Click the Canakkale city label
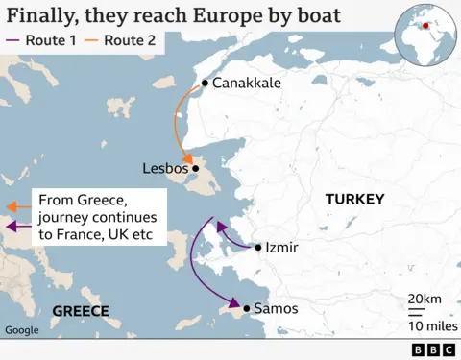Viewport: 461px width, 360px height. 247,84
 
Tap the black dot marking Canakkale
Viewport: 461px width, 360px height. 205,84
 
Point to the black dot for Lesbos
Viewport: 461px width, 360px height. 195,169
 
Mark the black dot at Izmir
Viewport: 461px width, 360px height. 258,248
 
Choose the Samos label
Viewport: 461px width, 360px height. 276,308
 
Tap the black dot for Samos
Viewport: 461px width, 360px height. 247,308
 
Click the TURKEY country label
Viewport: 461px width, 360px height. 354,200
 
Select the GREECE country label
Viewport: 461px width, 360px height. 80,310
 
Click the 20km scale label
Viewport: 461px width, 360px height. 423,300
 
